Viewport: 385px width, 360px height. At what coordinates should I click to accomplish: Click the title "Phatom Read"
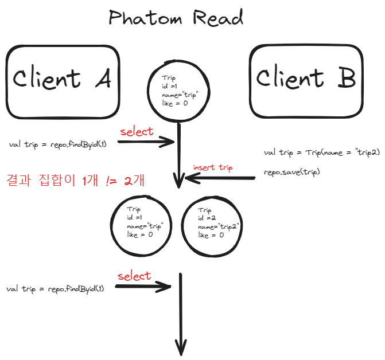point(176,18)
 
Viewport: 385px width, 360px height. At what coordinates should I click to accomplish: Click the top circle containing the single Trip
point(180,91)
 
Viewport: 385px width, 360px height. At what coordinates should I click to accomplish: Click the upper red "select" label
point(137,131)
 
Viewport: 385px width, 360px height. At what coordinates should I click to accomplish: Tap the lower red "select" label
point(134,276)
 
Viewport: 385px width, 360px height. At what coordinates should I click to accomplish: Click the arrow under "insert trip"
point(221,178)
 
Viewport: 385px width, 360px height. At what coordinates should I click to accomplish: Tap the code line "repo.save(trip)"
point(291,172)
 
